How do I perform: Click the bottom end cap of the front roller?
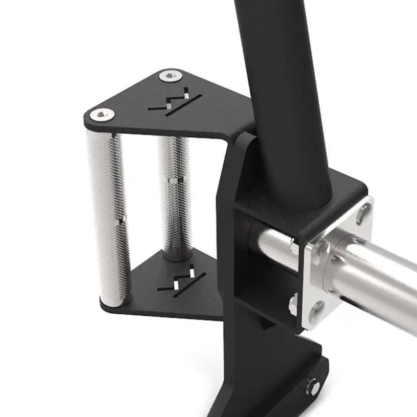[x=110, y=301]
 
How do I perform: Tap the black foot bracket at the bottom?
[x=282, y=373]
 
